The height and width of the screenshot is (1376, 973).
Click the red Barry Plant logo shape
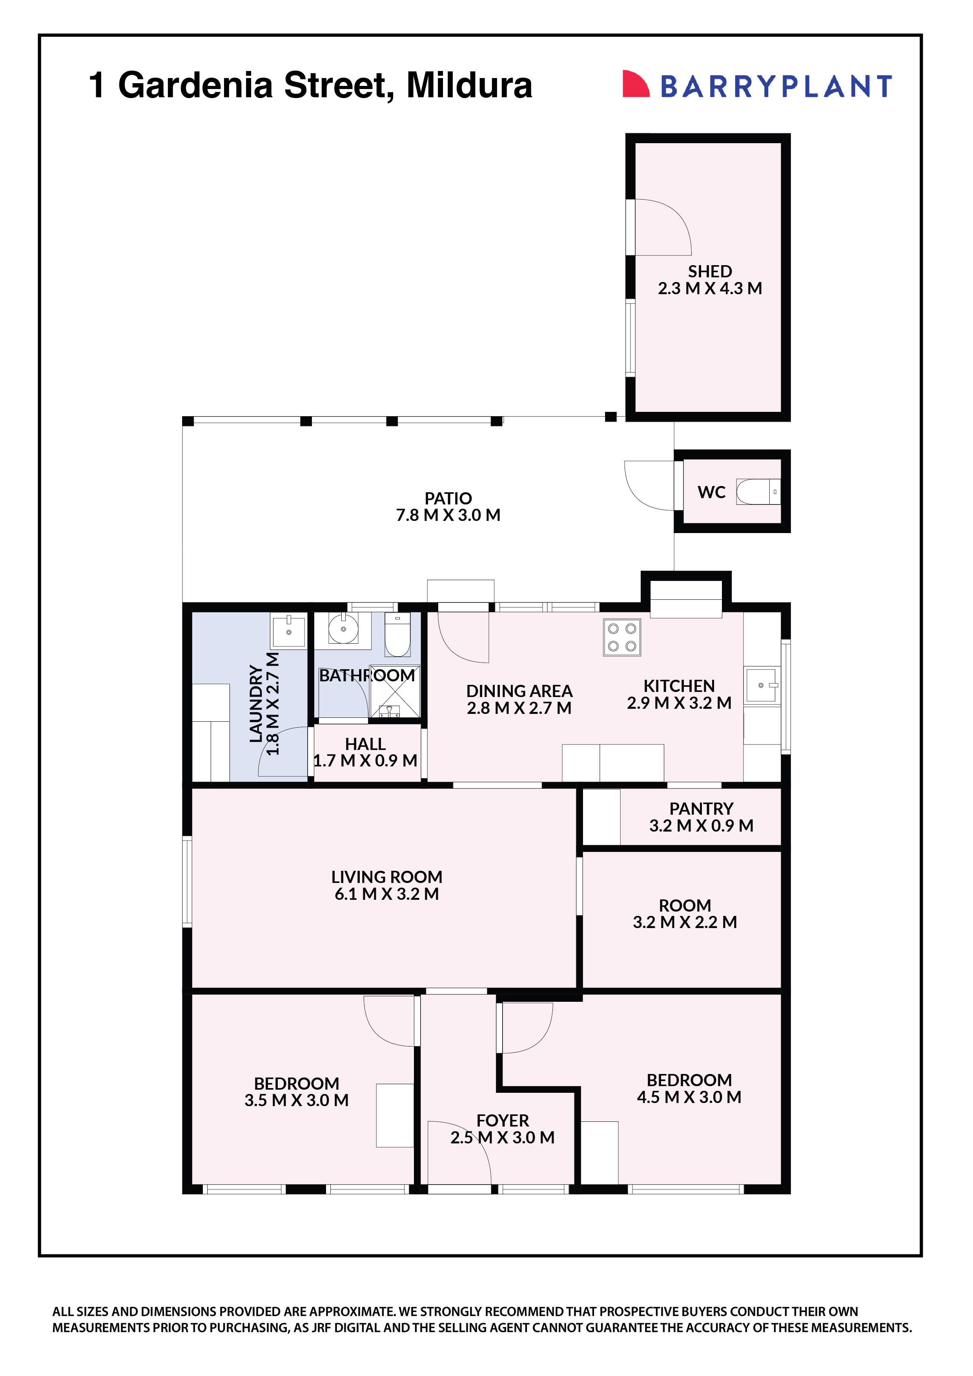tap(636, 84)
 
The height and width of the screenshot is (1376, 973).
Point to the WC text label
tap(712, 493)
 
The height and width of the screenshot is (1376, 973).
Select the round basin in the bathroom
tap(344, 629)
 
